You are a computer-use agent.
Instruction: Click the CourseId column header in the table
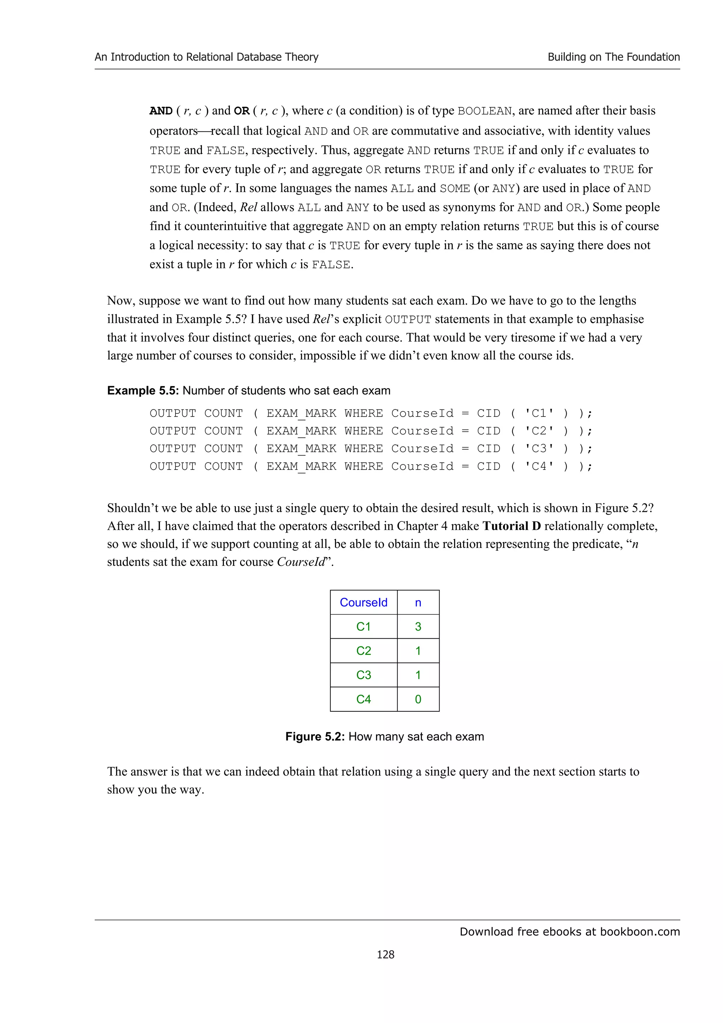pos(364,602)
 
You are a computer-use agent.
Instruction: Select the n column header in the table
pos(418,602)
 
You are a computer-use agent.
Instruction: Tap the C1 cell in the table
pos(364,627)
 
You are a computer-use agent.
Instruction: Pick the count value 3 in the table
pos(418,627)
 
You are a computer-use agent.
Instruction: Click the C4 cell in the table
pos(364,699)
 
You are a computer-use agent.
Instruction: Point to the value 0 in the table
pos(418,699)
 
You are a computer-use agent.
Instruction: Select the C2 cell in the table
pos(364,651)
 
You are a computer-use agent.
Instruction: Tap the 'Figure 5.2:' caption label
pos(315,736)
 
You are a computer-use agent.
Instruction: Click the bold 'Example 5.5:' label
pos(143,390)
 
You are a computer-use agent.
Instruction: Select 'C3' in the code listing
pos(539,449)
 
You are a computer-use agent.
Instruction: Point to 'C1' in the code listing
pos(539,413)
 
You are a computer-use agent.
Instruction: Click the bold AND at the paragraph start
pos(161,110)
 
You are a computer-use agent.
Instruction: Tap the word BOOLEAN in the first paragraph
pos(485,111)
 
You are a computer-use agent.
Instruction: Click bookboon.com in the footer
pos(640,932)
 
